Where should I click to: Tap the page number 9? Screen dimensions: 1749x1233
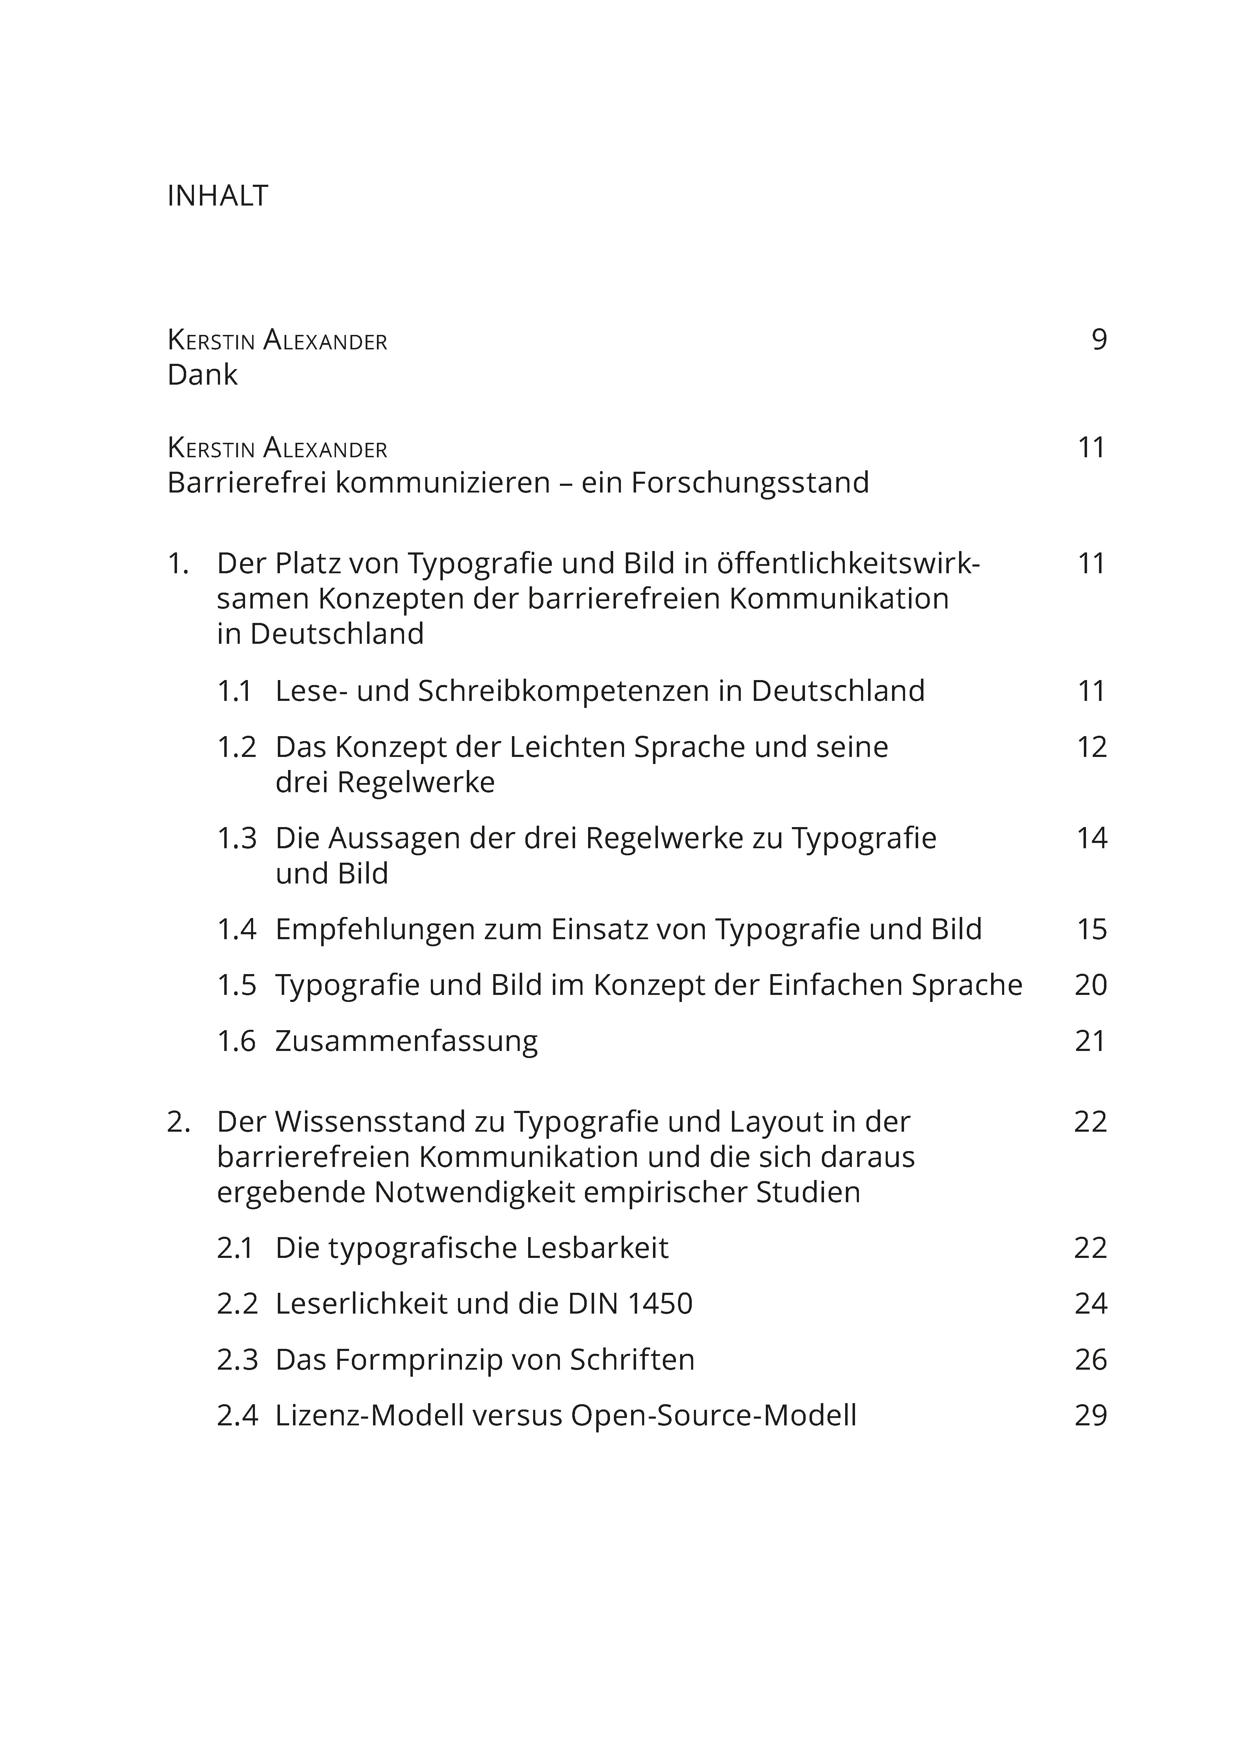pyautogui.click(x=1098, y=340)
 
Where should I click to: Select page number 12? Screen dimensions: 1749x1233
pyautogui.click(x=1091, y=747)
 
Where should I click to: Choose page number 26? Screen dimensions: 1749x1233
pyautogui.click(x=1091, y=1360)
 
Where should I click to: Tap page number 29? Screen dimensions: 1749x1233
pyautogui.click(x=1091, y=1415)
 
